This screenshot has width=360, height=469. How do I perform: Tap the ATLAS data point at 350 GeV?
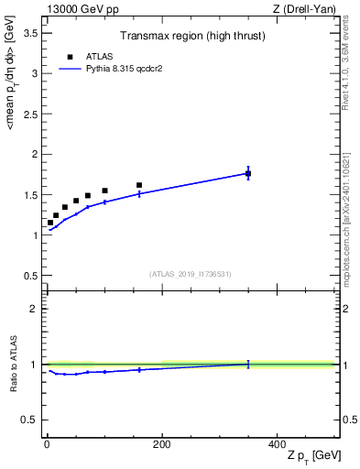pos(248,173)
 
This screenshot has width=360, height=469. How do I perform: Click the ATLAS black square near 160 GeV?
pos(139,185)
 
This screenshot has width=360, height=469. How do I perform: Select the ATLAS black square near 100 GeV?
pos(104,191)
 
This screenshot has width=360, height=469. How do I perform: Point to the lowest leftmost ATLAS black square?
pos(50,223)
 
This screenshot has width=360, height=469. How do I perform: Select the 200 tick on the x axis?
pos(161,444)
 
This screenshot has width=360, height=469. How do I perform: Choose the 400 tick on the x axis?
pos(277,444)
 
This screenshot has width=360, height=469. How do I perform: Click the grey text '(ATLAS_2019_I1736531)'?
pos(190,274)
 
